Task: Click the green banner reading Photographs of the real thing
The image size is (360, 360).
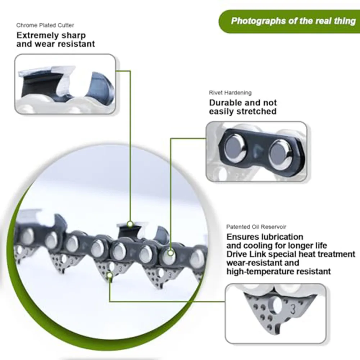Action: point(293,21)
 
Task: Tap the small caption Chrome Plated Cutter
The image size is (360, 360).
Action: point(45,26)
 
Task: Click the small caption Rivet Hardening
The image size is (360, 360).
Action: point(230,93)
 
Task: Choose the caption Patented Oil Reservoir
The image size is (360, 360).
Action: point(256,227)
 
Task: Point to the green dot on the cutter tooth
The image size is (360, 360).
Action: point(130,224)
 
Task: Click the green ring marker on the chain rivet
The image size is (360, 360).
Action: point(170,253)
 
